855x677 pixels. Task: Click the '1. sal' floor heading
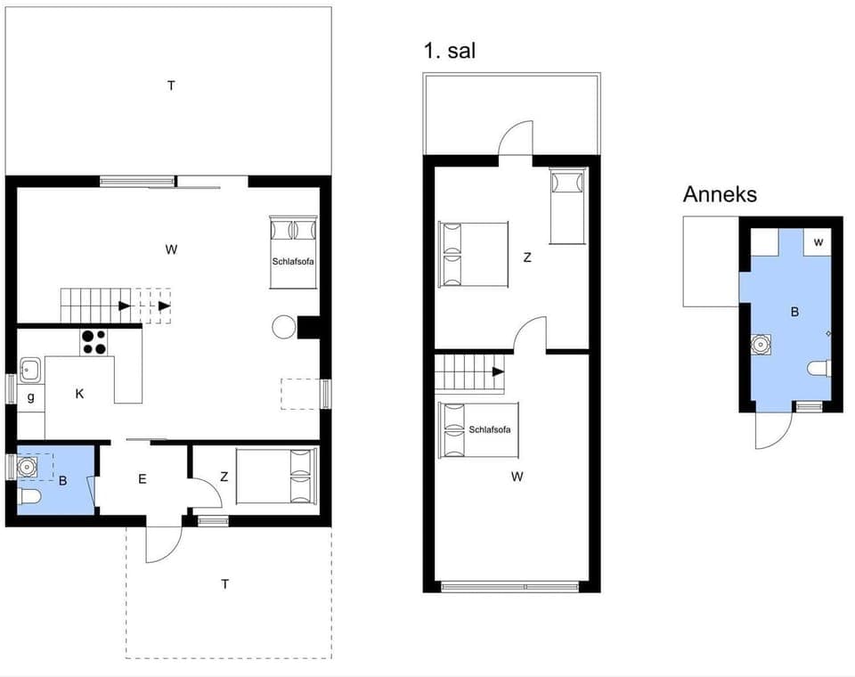point(450,51)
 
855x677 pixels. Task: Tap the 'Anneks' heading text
point(720,194)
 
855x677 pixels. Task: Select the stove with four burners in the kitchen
point(94,342)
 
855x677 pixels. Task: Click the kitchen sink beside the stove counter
point(30,369)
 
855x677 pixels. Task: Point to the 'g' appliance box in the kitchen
point(30,397)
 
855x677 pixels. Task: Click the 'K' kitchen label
point(79,393)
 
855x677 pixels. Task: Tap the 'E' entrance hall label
point(142,478)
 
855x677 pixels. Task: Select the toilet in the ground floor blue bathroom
point(27,496)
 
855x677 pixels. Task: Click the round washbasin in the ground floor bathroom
point(28,465)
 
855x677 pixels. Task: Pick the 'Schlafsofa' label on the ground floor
point(294,261)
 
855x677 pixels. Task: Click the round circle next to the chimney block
point(284,327)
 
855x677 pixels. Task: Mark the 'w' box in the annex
point(818,242)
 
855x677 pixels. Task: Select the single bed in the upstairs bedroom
point(567,206)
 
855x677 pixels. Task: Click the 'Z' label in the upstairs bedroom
point(527,257)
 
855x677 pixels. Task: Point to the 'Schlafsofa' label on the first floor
point(491,429)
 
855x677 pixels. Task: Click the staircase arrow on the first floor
point(497,371)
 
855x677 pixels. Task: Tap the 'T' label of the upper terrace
point(170,86)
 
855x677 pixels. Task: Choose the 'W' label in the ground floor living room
point(170,249)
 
